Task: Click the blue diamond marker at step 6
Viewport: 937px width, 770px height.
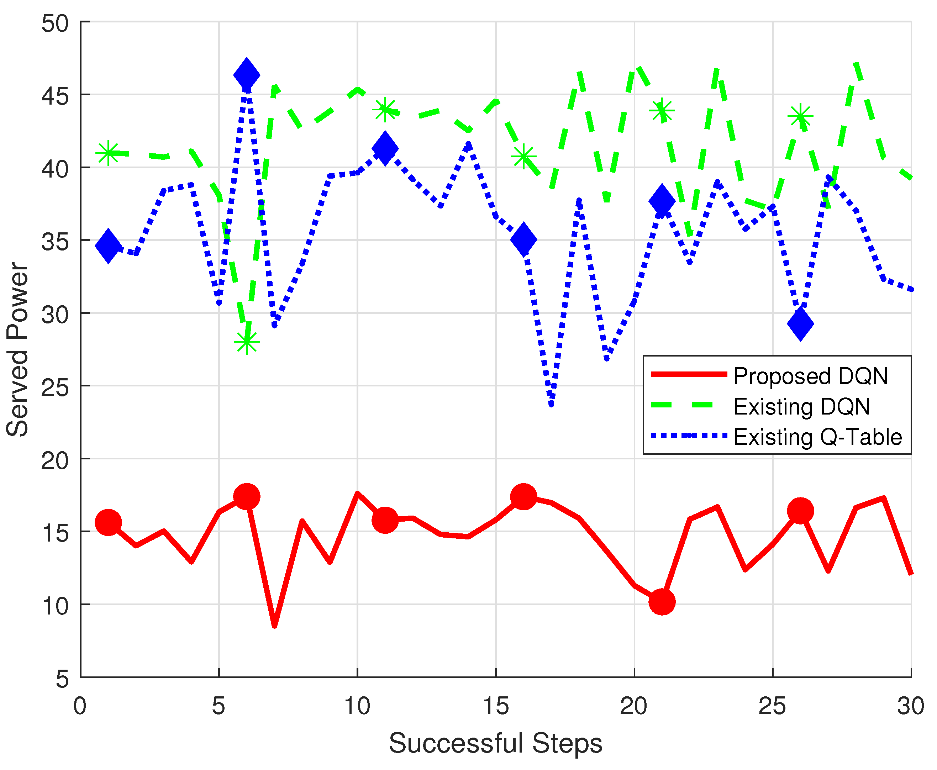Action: tap(246, 74)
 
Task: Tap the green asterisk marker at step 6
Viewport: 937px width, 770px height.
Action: tap(246, 342)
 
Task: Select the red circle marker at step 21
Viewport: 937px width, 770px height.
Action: tap(662, 602)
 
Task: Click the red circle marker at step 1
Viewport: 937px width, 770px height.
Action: tap(108, 522)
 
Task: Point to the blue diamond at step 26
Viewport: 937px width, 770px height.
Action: tap(800, 324)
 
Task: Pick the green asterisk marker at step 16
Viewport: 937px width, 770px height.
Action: tap(523, 156)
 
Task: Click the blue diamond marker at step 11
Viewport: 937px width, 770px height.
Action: tap(385, 148)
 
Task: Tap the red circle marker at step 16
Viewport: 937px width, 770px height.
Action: tap(523, 496)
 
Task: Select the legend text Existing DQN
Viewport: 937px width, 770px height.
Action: tap(802, 407)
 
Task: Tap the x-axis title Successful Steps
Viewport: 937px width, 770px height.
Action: tap(496, 743)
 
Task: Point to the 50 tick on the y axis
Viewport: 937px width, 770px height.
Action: tap(55, 23)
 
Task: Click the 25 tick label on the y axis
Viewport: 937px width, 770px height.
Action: tap(55, 387)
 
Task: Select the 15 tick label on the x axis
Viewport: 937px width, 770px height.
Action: tap(496, 706)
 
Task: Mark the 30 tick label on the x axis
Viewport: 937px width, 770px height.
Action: tap(910, 706)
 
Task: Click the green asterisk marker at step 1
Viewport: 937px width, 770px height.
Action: tap(108, 153)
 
